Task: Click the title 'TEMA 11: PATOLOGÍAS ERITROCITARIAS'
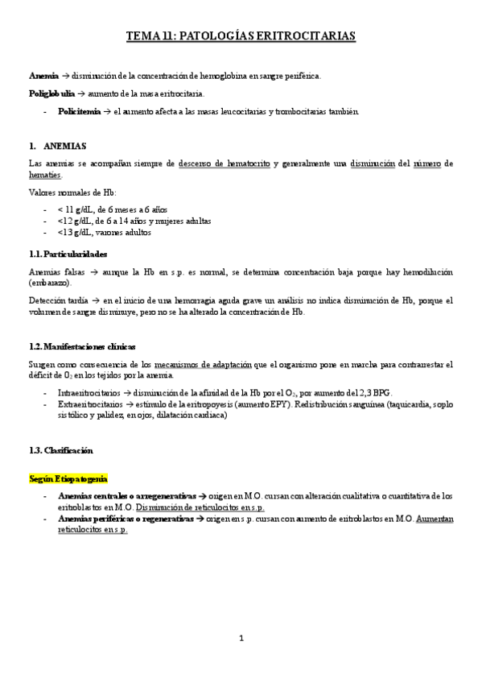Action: coord(241,36)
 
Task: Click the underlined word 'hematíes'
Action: coord(44,175)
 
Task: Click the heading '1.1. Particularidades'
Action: coord(68,254)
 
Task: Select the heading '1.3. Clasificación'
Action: coord(60,450)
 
